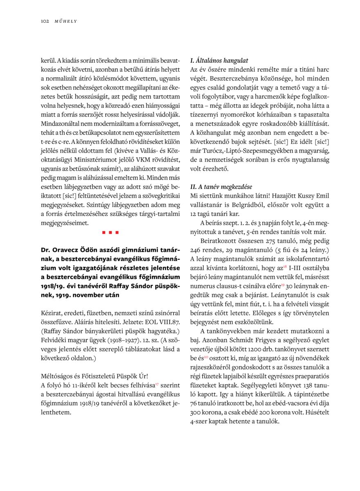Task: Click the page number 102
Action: (x=45, y=21)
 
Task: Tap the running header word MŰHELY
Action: (x=66, y=21)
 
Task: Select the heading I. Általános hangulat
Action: (x=219, y=61)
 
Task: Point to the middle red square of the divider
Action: (x=110, y=232)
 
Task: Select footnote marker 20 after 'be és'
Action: (x=206, y=356)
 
